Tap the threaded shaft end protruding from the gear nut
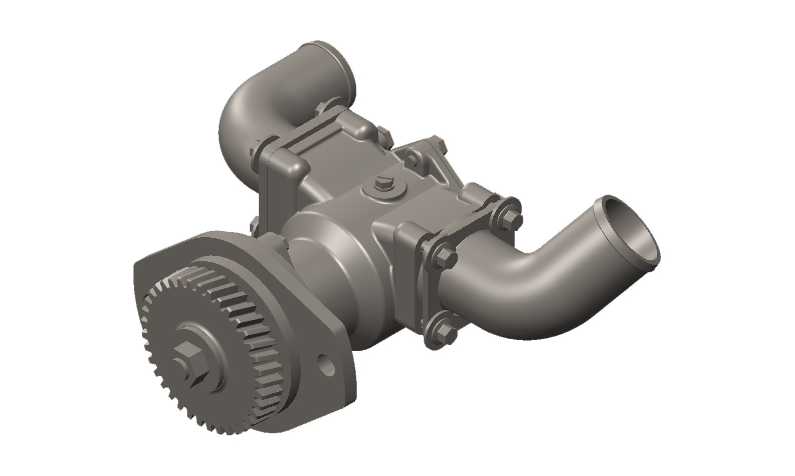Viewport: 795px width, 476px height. [x=179, y=363]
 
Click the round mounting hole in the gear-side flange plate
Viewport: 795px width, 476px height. [x=326, y=365]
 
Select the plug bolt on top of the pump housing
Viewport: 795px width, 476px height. [x=383, y=182]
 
